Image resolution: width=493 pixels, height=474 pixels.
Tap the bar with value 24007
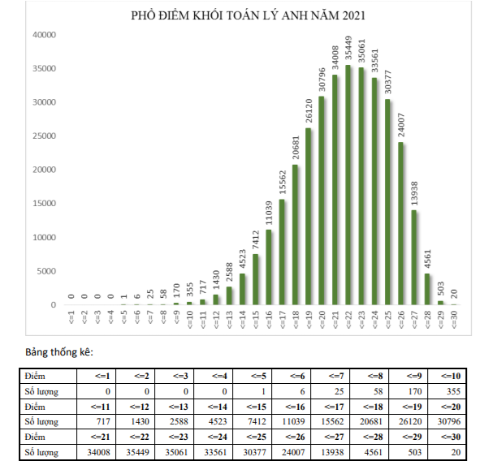point(401,224)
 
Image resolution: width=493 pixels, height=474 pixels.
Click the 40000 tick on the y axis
point(43,35)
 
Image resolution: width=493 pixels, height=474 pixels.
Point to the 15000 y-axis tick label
point(43,204)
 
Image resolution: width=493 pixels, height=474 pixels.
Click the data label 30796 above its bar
point(322,81)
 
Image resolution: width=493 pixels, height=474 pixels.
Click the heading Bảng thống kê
point(58,353)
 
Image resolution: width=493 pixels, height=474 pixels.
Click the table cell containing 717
point(94,421)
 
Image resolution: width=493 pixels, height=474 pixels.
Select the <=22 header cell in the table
point(136,437)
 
